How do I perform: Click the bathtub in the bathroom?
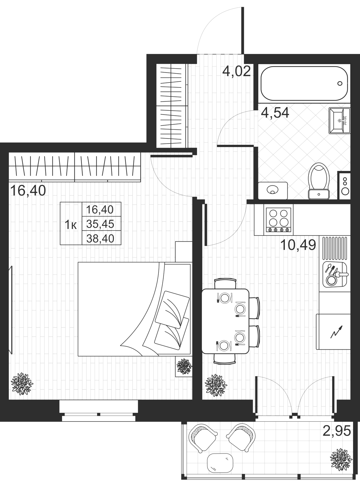click(304, 83)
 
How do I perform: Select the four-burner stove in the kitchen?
click(279, 220)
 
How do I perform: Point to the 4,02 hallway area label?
click(237, 71)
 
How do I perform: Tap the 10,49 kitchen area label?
click(298, 245)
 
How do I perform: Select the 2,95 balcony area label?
click(336, 431)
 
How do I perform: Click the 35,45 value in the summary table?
click(100, 224)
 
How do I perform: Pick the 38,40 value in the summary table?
click(100, 238)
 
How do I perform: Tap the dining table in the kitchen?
click(225, 321)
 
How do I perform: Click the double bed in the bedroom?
click(134, 309)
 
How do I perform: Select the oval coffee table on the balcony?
click(220, 463)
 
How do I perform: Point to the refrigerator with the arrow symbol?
click(333, 332)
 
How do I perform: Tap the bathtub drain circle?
click(340, 83)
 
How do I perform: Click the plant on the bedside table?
click(184, 366)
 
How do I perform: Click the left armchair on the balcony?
click(202, 438)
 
